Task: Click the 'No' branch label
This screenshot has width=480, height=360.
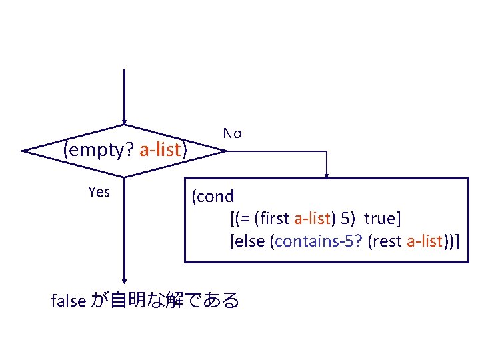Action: point(232,133)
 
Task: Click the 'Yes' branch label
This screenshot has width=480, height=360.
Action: point(99,193)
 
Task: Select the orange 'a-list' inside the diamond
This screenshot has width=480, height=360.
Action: point(160,150)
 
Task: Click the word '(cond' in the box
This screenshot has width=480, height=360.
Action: point(213,197)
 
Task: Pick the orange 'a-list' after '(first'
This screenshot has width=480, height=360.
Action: point(312,219)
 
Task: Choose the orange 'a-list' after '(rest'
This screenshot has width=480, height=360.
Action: point(425,241)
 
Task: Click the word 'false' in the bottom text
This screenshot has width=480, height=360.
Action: point(68,301)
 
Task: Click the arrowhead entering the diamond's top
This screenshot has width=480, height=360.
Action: point(124,122)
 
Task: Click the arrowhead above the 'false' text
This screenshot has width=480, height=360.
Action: point(124,281)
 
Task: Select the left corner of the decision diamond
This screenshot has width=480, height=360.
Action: point(23,151)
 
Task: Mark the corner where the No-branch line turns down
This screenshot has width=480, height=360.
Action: point(327,151)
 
